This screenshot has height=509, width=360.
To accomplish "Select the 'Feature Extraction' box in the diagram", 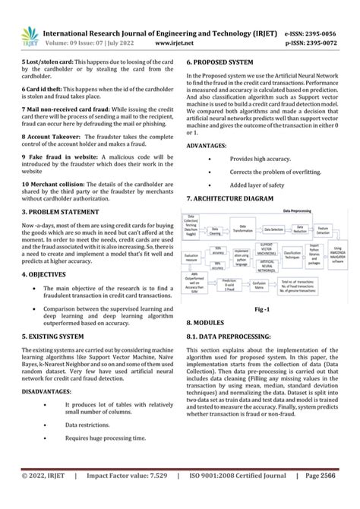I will click(x=322, y=229).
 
